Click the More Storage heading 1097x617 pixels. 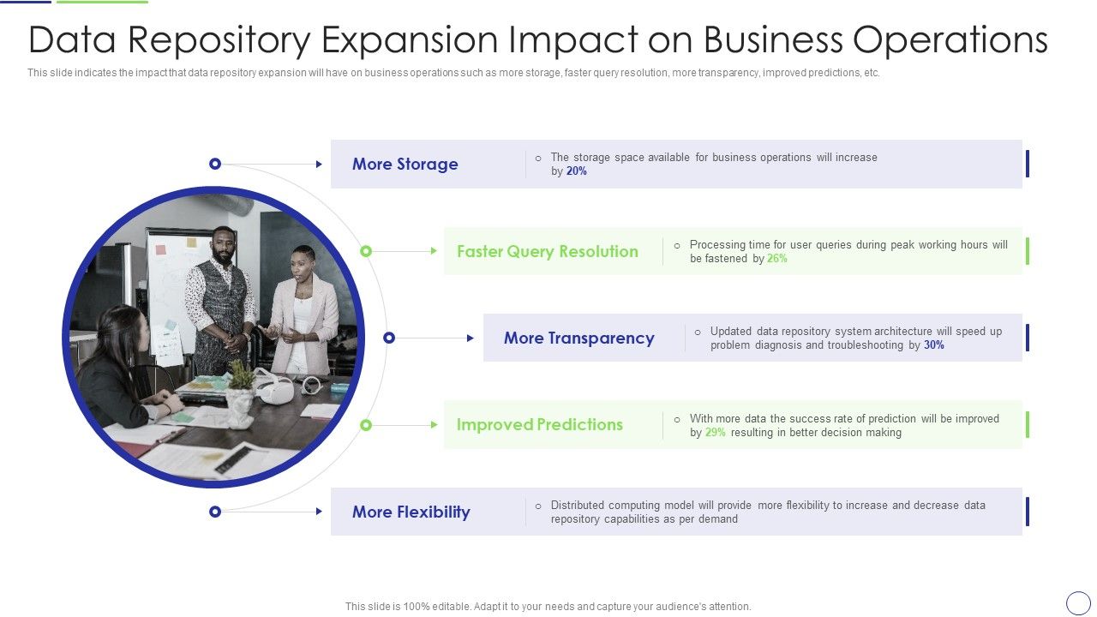coord(405,165)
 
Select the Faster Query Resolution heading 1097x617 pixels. coord(547,252)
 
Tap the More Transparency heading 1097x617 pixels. coord(578,338)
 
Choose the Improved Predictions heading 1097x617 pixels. coord(539,425)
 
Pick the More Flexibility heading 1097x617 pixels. coord(411,512)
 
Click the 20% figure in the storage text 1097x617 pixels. coord(577,171)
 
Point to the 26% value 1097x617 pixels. coord(777,259)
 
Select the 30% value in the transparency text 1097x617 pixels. coord(934,345)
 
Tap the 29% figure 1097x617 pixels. coord(716,433)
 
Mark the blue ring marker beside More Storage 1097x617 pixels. coord(215,164)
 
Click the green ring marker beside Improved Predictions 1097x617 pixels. coord(366,425)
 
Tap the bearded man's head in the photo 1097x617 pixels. coord(223,244)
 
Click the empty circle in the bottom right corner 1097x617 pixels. coord(1078,602)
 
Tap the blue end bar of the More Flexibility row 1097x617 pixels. coord(1027,512)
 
